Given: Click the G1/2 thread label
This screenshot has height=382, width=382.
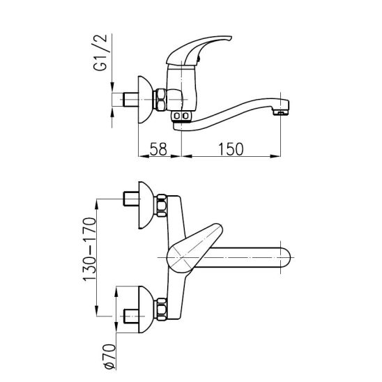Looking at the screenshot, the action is tap(100, 52).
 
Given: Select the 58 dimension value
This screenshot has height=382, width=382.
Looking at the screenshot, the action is tap(158, 149).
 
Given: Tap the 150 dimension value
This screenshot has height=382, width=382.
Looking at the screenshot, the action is tap(231, 149).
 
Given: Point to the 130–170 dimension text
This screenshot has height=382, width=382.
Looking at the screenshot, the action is tap(90, 250).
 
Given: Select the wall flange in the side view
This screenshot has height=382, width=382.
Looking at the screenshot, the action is tap(146, 100).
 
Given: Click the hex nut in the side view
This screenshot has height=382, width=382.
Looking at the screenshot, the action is tap(160, 100).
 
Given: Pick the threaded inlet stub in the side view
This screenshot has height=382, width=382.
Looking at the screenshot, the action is tap(131, 100).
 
